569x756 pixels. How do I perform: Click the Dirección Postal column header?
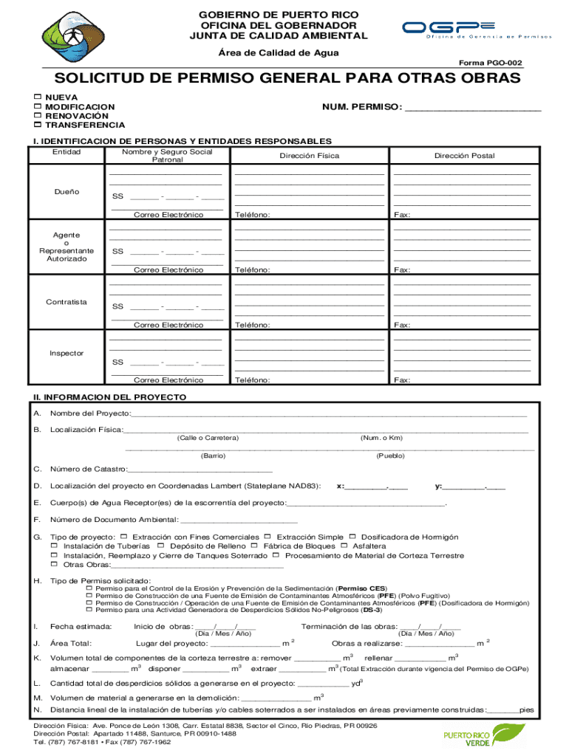tap(464, 156)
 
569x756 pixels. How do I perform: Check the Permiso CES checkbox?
tap(89, 588)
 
